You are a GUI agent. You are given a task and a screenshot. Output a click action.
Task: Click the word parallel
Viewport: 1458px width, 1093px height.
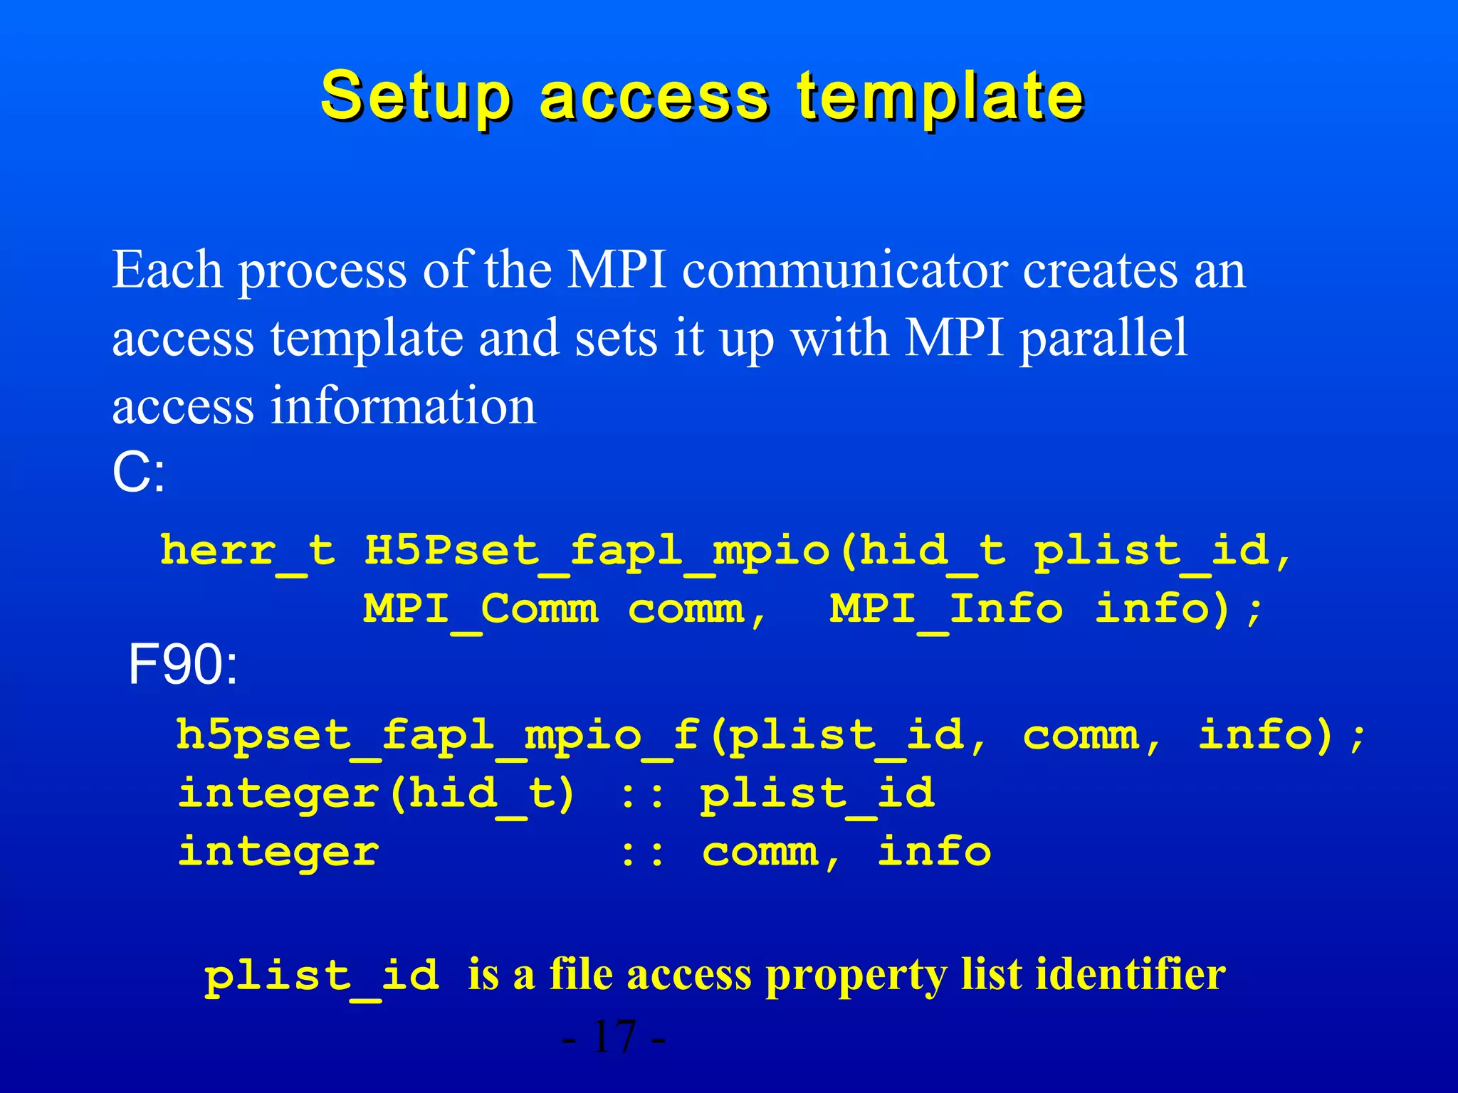point(1103,338)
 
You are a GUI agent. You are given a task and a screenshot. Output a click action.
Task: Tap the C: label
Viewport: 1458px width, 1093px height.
point(139,473)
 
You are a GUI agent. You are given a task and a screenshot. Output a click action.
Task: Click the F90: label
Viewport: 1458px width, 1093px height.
point(183,665)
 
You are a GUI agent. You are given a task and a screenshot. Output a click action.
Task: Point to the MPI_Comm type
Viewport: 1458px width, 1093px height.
point(481,610)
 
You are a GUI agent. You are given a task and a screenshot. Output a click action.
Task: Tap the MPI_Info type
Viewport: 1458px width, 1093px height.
point(946,610)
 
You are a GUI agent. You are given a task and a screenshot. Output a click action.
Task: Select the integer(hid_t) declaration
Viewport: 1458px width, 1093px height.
point(376,794)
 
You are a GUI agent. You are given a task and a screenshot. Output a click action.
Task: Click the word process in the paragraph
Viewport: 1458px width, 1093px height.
point(322,271)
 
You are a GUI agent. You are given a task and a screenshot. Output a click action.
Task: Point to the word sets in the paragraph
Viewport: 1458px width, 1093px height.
point(616,338)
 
